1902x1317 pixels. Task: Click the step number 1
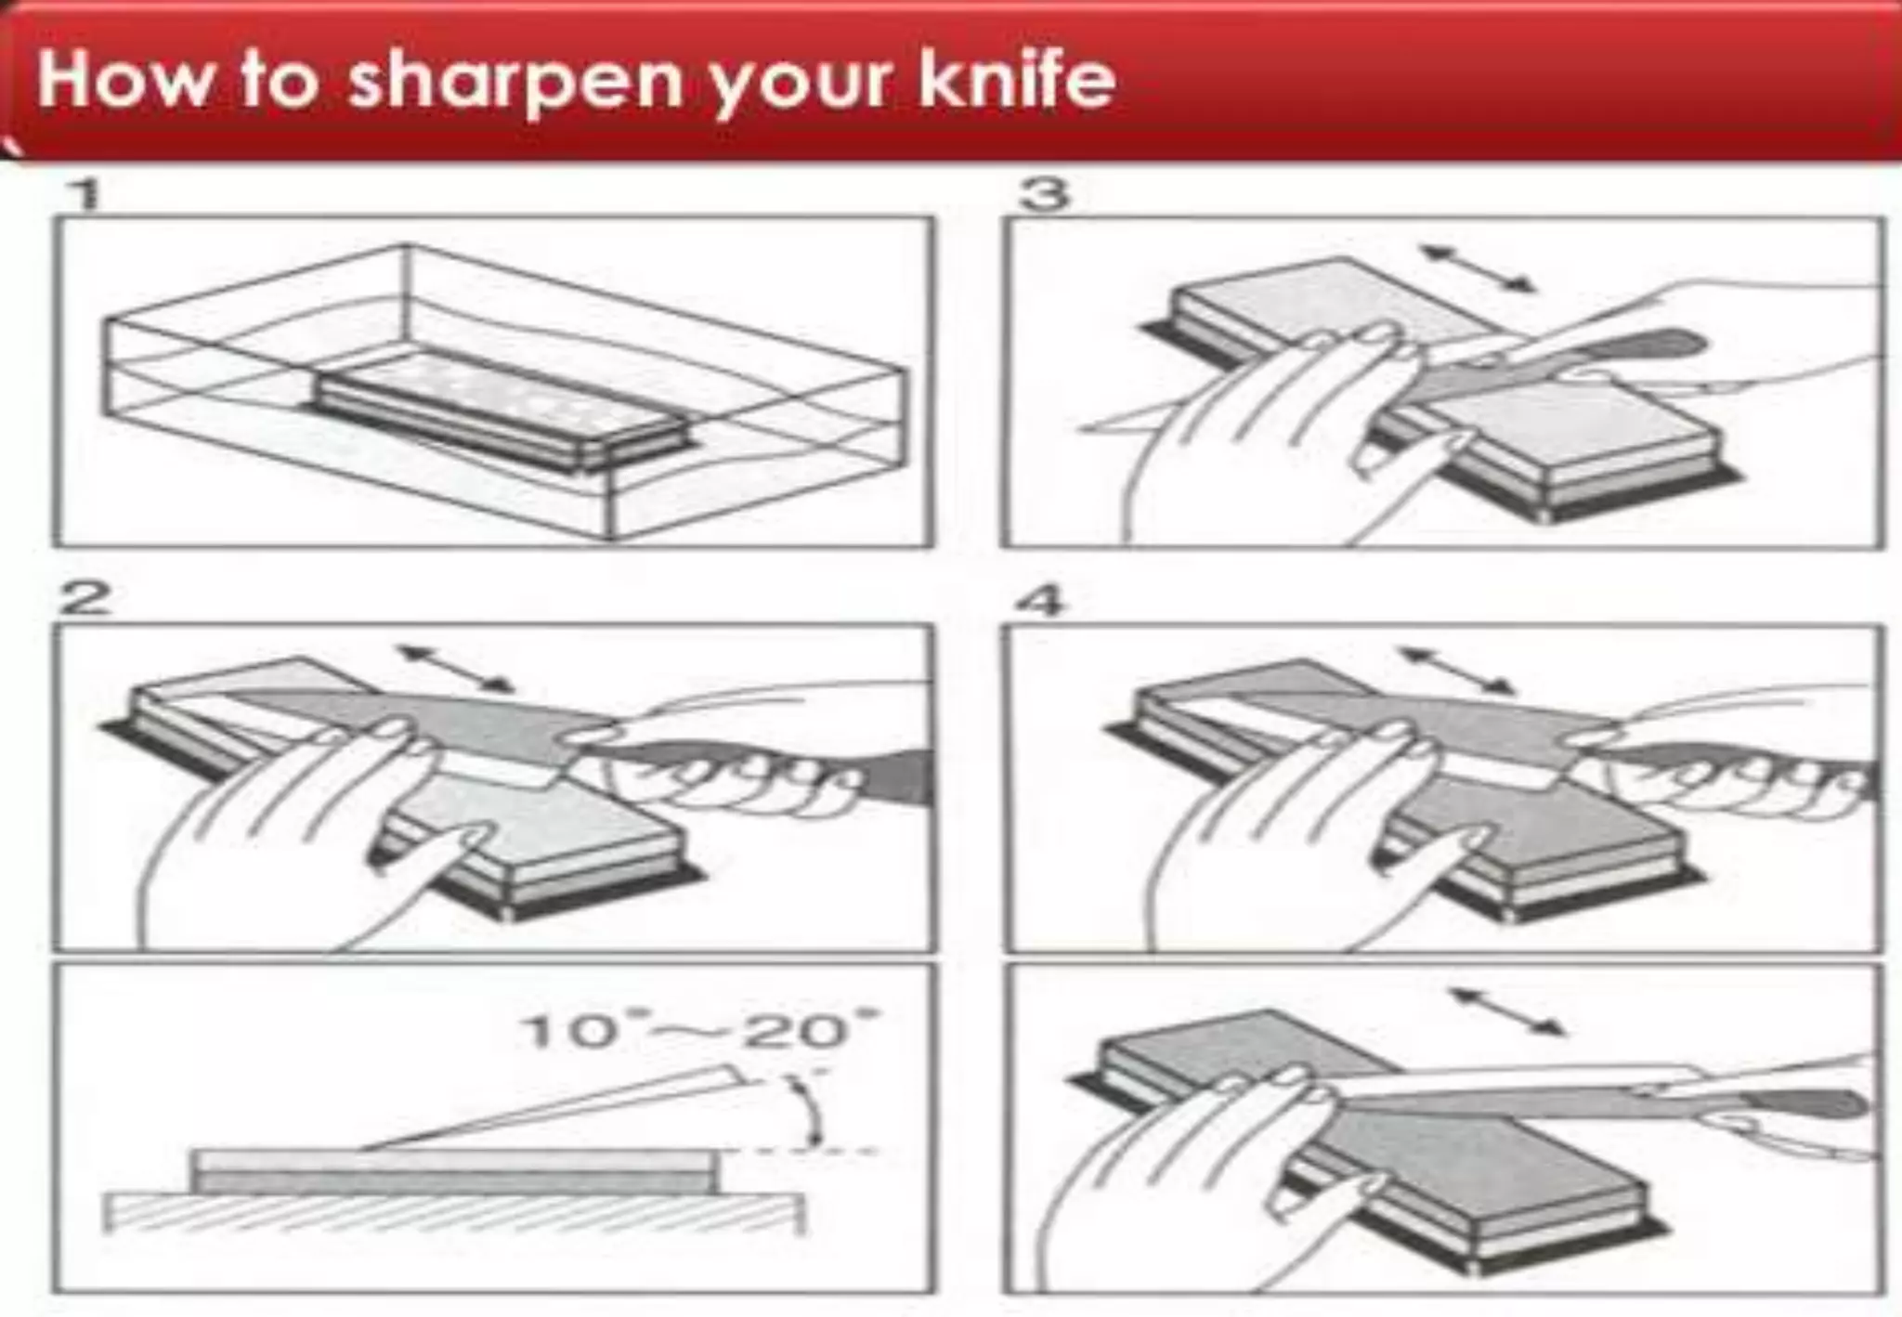click(85, 196)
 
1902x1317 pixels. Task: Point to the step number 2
click(85, 599)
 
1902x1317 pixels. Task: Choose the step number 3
click(1045, 196)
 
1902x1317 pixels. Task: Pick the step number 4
click(1040, 602)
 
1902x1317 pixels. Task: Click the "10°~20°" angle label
click(701, 1031)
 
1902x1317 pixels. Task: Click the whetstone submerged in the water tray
click(502, 409)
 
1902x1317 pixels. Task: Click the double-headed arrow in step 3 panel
click(1477, 267)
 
